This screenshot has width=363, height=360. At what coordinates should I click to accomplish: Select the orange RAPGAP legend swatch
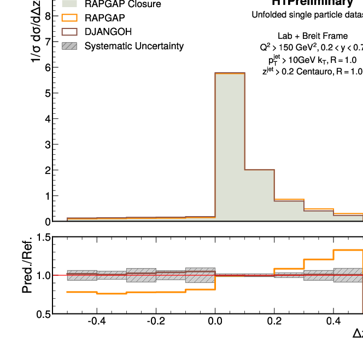coord(72,18)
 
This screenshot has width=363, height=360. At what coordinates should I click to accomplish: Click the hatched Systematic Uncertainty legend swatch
coord(72,46)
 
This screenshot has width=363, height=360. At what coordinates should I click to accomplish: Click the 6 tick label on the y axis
coord(48,67)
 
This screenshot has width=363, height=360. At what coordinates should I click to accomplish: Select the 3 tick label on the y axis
coord(48,144)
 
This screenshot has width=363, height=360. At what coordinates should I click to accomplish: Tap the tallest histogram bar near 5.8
coord(230,148)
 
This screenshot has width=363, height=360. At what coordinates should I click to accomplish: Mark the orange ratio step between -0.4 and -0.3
coord(111,294)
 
